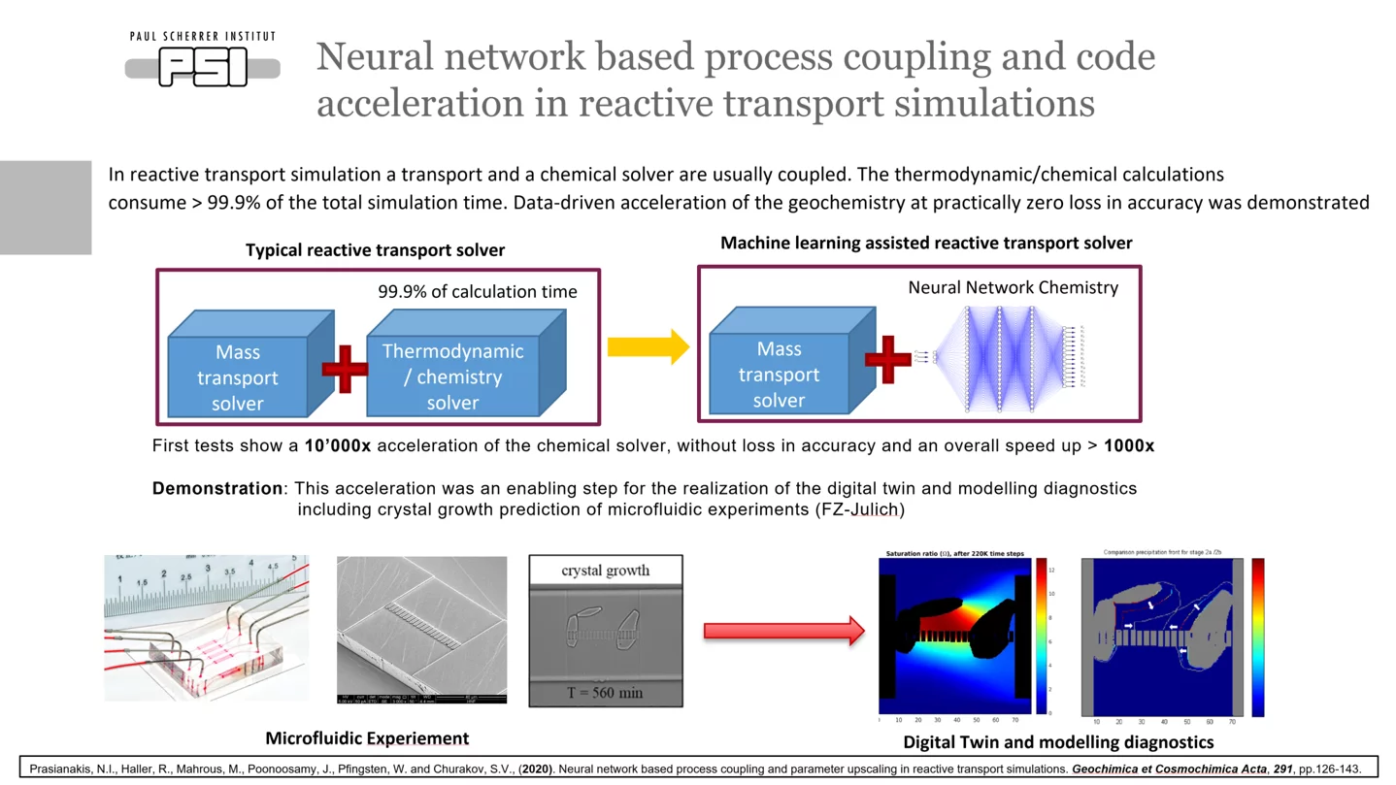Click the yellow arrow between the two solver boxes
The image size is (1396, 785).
pyautogui.click(x=648, y=346)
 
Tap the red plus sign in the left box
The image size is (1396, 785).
pyautogui.click(x=345, y=369)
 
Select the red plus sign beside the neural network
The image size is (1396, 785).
pyautogui.click(x=886, y=360)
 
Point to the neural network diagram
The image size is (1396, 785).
pyautogui.click(x=1000, y=359)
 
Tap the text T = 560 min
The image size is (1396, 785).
pyautogui.click(x=606, y=693)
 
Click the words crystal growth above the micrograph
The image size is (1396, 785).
pyautogui.click(x=606, y=571)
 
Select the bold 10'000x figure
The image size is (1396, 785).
pyautogui.click(x=337, y=446)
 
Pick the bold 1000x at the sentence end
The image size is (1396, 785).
pyautogui.click(x=1128, y=446)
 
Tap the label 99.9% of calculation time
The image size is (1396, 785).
pyautogui.click(x=477, y=292)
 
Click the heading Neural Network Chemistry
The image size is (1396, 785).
pyautogui.click(x=1013, y=287)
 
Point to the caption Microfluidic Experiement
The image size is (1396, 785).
pyautogui.click(x=367, y=738)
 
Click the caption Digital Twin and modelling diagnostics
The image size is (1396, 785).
pyautogui.click(x=1058, y=742)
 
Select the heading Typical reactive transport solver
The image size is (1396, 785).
pyautogui.click(x=375, y=250)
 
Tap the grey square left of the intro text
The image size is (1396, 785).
pyautogui.click(x=46, y=208)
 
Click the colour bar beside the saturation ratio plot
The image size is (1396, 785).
pyautogui.click(x=1042, y=636)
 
